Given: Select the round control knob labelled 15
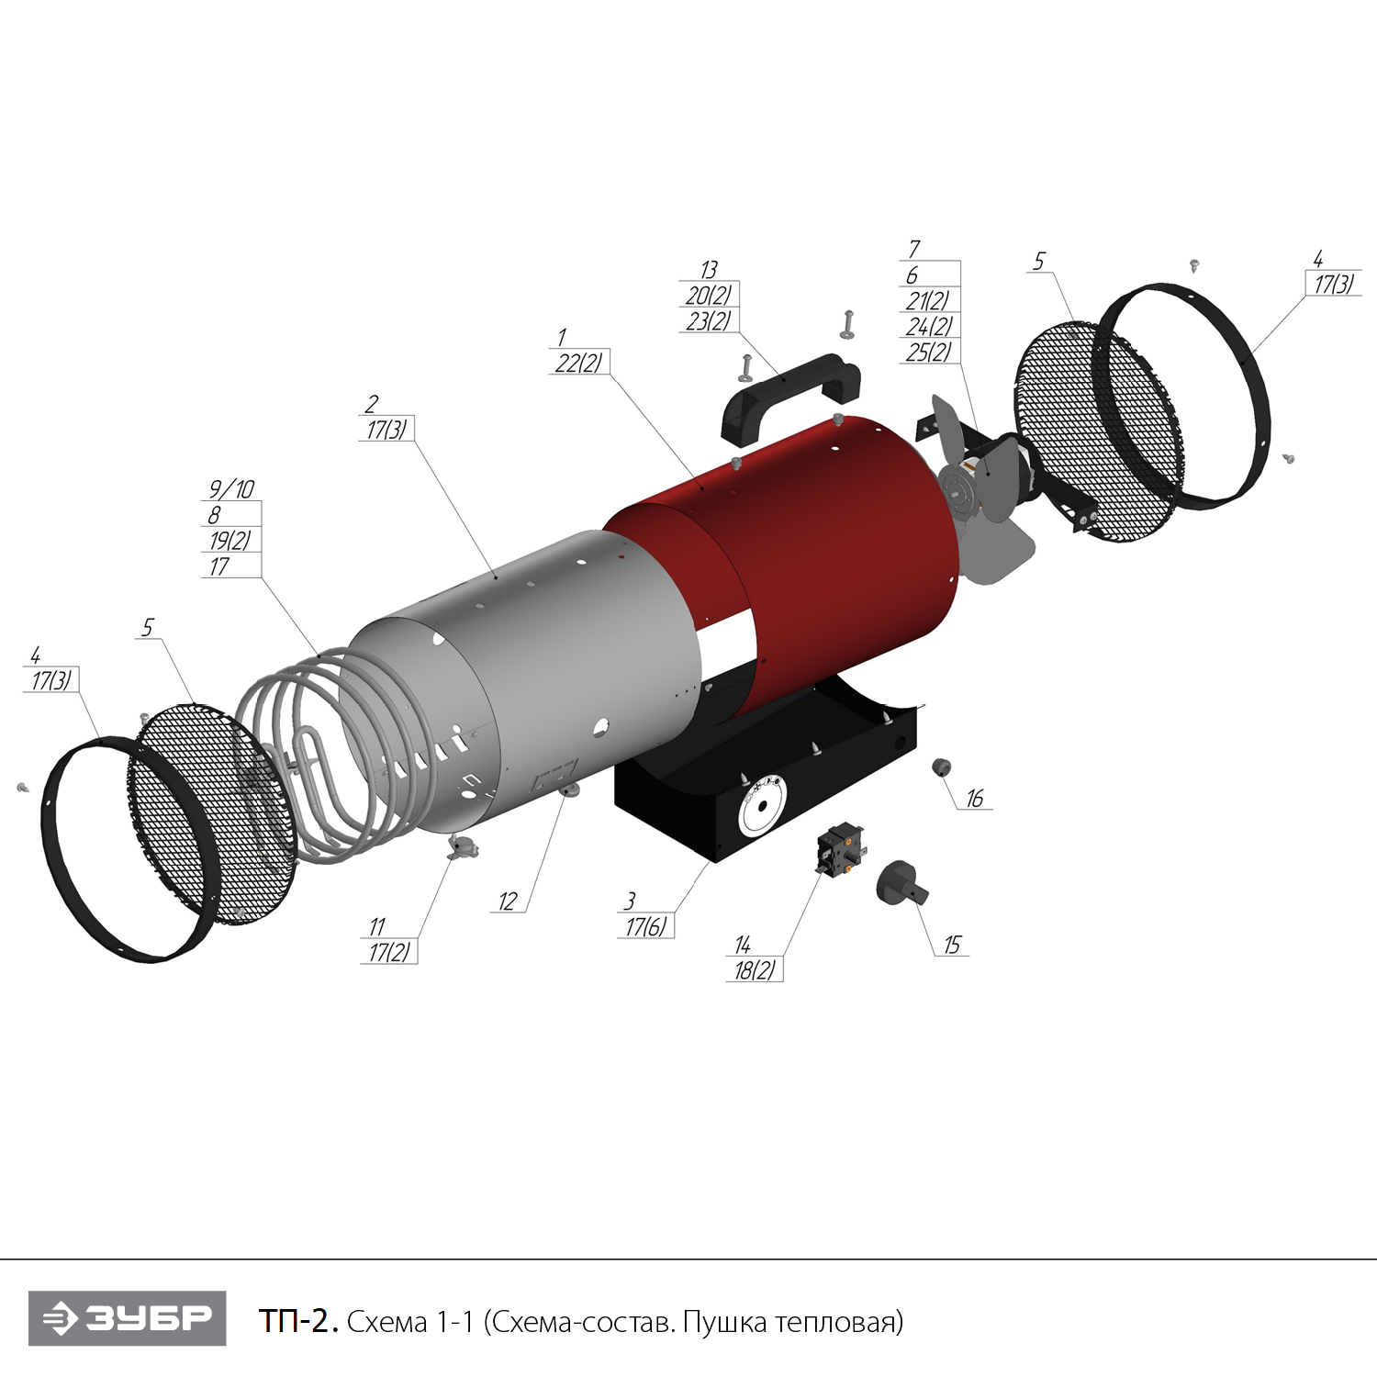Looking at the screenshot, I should coord(900,883).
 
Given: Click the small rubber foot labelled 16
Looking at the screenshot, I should coord(941,767).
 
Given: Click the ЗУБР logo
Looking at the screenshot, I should coord(127,1318).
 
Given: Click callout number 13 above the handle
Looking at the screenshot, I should coord(708,270).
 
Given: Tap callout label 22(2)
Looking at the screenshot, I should coord(578,363).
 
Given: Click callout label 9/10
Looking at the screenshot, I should coord(231,488).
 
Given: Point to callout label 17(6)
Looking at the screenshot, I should coord(646,926).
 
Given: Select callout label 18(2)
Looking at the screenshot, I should coord(755,970).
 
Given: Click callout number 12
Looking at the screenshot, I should coord(508,901).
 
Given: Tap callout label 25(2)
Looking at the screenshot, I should coord(929,352).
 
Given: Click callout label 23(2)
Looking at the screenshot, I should coord(709,321).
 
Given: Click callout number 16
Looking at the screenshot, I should coord(974,799).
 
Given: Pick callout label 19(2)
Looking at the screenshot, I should coord(229,540).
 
